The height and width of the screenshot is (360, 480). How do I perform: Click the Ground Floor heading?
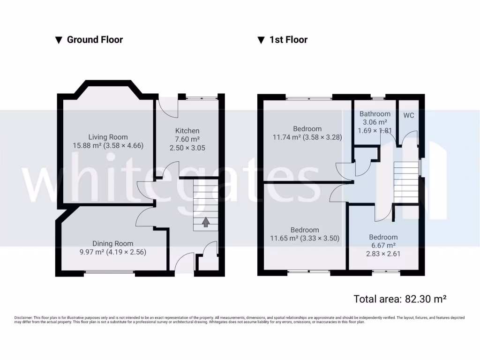[95, 40]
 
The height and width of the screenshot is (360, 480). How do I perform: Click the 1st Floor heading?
[288, 40]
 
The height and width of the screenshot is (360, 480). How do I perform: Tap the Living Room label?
[108, 137]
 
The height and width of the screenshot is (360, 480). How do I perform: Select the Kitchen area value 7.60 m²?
[187, 139]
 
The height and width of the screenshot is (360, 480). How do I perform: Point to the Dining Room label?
[112, 243]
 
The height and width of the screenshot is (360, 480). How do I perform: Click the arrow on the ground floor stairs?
[205, 222]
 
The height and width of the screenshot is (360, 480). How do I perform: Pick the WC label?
[409, 115]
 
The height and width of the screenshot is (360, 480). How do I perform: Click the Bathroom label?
[375, 114]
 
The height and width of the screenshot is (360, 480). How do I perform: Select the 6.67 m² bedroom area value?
[383, 245]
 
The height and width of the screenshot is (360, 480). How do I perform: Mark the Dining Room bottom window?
[110, 272]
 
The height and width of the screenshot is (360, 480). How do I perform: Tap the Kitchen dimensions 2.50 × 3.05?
[187, 148]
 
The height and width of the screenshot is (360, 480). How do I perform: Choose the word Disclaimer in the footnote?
[23, 318]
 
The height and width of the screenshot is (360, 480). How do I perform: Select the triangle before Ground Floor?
[59, 40]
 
